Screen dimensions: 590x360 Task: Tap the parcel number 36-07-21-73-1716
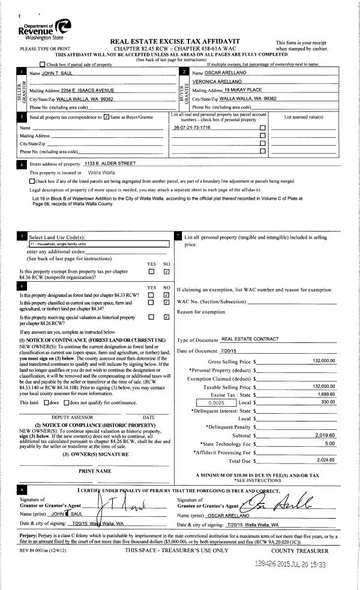191,128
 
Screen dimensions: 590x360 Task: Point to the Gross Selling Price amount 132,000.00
324,362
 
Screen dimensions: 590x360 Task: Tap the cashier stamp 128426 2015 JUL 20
290,564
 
